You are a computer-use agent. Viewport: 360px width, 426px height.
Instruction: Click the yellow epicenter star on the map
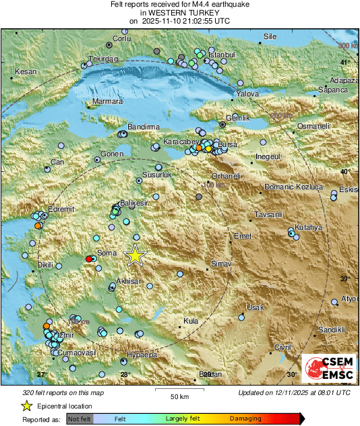[x=136, y=255]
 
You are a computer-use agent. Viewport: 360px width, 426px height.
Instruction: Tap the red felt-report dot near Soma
[x=89, y=259]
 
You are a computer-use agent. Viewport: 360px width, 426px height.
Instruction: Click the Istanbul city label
[x=221, y=54]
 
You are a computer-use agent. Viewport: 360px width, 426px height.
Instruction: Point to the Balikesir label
[x=132, y=203]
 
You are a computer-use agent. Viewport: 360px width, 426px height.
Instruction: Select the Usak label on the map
[x=255, y=307]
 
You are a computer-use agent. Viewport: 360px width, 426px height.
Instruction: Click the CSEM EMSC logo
[x=326, y=369]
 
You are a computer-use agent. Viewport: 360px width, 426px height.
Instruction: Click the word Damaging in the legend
[x=245, y=419]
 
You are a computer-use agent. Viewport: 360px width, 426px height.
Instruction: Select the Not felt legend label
[x=82, y=419]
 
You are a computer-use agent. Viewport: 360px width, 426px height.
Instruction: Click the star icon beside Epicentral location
[x=26, y=406]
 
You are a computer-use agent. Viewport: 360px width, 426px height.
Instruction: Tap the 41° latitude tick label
[x=344, y=63]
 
